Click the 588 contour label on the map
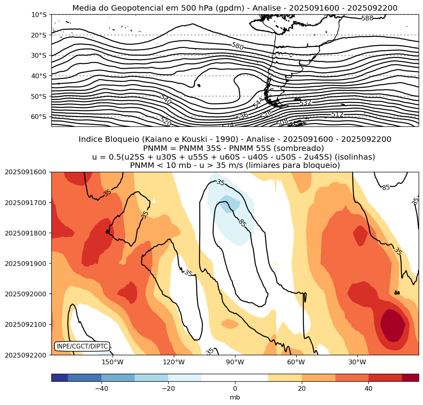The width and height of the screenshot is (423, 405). tap(367, 18)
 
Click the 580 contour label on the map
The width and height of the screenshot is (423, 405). tap(237, 46)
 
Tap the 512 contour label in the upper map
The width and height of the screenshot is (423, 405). tap(337, 115)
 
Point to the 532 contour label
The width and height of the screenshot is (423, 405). tap(306, 103)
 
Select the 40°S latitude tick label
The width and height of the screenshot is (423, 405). tap(39, 76)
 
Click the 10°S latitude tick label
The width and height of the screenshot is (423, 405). tap(39, 15)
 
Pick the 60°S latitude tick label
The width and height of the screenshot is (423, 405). tap(39, 117)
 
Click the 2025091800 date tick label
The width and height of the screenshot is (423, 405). tap(25, 233)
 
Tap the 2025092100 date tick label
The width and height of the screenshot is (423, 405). tap(25, 324)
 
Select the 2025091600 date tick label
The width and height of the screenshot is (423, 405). tap(25, 172)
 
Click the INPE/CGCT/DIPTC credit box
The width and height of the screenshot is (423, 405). tap(82, 347)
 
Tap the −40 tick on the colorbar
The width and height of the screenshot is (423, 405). tap(102, 388)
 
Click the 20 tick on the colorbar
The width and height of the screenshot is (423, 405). tap(302, 388)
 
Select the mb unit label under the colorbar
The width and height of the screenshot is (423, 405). tap(235, 397)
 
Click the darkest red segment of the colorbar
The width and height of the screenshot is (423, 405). tap(410, 378)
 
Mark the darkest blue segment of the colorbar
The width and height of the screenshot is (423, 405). tap(60, 378)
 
